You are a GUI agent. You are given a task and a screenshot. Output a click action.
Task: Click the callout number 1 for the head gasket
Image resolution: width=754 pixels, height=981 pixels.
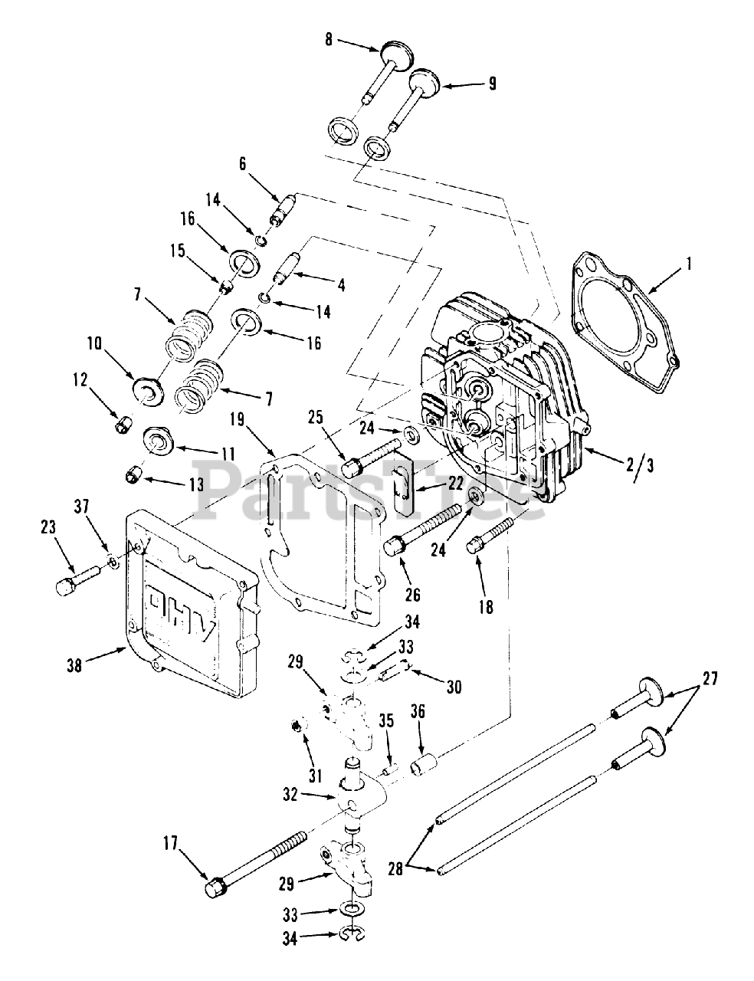689,264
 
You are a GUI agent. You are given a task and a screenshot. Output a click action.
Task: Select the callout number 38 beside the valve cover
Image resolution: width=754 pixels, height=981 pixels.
75,665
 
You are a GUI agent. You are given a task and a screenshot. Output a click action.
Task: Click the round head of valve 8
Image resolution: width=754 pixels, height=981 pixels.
398,55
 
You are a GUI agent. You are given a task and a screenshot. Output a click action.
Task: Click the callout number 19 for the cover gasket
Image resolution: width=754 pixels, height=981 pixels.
237,420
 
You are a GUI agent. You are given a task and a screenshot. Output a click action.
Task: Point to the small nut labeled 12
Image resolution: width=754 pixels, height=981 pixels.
123,425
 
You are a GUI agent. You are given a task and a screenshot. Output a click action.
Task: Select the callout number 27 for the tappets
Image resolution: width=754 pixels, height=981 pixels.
710,678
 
